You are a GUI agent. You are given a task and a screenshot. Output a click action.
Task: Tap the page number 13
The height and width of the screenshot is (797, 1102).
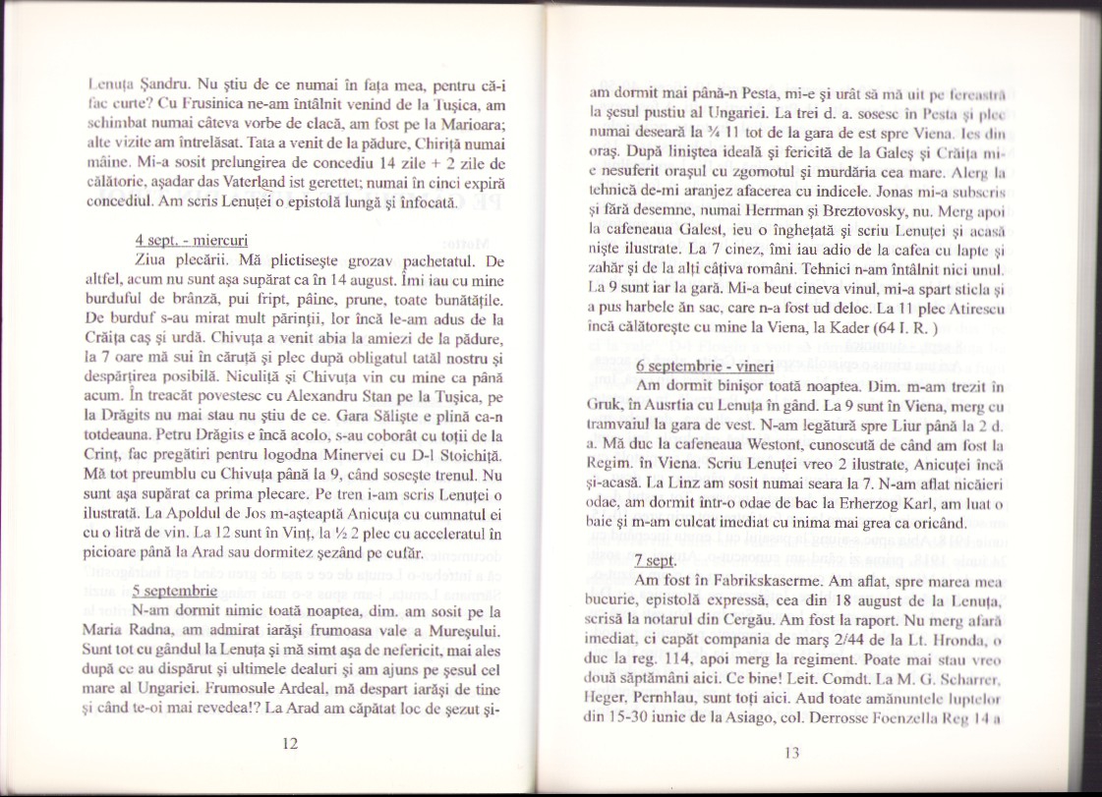[795, 753]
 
